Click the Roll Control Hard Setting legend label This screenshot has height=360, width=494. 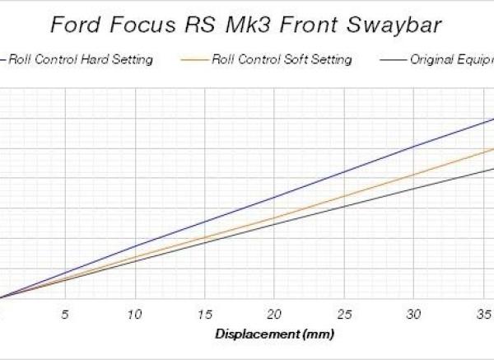coord(81,60)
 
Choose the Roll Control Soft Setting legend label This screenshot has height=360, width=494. coord(282,60)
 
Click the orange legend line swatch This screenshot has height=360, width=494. coord(195,60)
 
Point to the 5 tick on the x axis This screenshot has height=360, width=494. coord(65,315)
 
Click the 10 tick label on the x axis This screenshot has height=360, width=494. coord(134,315)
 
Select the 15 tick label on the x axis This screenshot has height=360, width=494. coord(204,315)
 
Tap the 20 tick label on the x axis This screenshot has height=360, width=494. coord(275,315)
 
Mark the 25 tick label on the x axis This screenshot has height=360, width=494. coord(345,315)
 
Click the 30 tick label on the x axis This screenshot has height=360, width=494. coord(415,315)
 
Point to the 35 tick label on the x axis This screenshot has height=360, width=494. coord(485,315)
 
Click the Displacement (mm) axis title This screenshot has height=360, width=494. coord(275,334)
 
